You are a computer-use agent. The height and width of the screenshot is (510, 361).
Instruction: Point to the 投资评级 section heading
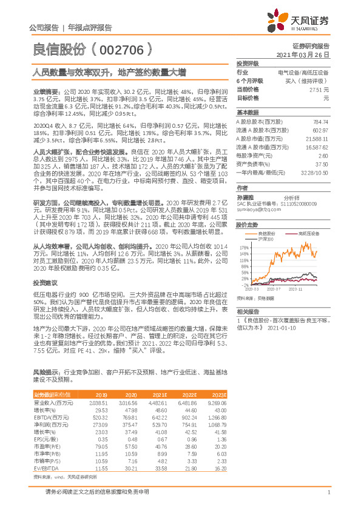[x=248, y=63]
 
